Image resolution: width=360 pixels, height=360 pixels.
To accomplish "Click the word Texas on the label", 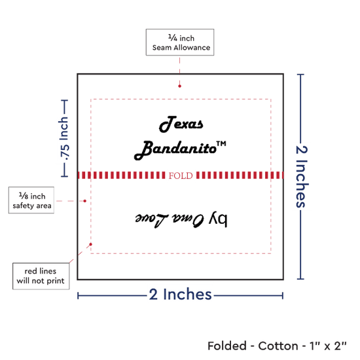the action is click(x=181, y=124).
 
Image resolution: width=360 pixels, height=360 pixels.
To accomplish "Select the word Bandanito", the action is click(x=175, y=150).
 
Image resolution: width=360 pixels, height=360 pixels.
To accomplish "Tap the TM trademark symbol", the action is click(x=221, y=144).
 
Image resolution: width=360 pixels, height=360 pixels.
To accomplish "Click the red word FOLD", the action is click(x=181, y=175).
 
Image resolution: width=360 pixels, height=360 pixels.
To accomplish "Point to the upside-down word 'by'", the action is click(x=218, y=219).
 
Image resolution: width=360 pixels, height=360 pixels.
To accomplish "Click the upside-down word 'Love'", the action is click(x=152, y=220).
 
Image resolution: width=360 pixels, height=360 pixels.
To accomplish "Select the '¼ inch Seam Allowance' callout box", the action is click(x=180, y=43).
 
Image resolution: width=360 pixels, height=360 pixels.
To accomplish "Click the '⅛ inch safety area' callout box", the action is click(x=31, y=200).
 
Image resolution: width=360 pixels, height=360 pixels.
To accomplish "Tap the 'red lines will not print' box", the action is click(x=41, y=276).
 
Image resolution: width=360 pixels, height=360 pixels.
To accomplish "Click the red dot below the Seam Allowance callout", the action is click(x=179, y=86).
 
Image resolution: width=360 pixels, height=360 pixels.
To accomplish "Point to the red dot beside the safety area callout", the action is click(x=84, y=201).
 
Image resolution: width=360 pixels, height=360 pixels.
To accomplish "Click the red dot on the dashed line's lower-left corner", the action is click(x=91, y=244).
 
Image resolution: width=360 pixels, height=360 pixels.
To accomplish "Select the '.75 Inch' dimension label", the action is click(x=64, y=139).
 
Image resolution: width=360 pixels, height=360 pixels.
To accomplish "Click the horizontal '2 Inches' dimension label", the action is click(x=180, y=295).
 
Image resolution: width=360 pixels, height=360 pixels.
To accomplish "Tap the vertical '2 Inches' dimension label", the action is click(x=302, y=177).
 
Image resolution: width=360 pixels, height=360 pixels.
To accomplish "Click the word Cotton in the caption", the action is click(x=278, y=346).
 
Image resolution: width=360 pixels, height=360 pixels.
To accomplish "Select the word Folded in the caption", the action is click(x=227, y=346).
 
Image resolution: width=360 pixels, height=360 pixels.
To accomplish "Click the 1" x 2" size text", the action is click(x=328, y=346).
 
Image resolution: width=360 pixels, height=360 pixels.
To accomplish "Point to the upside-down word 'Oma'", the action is click(x=188, y=220).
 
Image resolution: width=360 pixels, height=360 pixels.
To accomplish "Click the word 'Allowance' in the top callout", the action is click(x=192, y=48).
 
